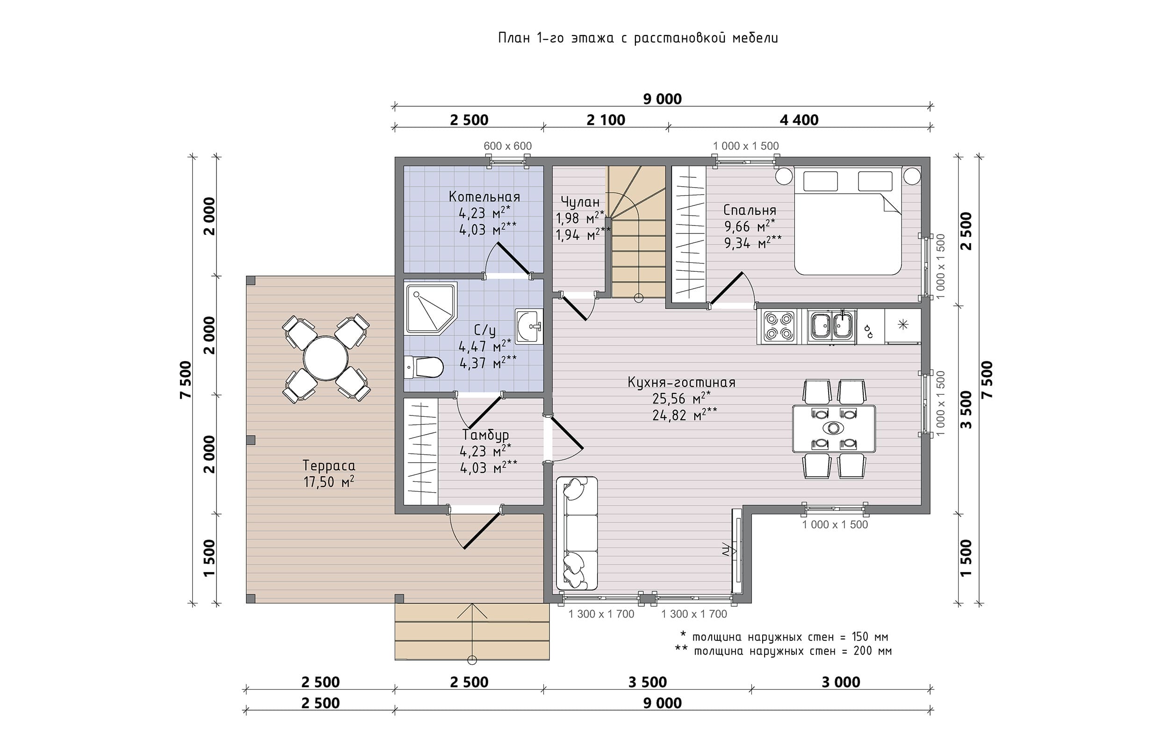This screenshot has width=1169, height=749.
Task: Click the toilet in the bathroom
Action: click(x=424, y=367)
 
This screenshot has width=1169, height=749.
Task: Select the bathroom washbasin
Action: click(x=529, y=327)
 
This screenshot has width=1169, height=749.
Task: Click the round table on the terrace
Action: click(x=325, y=358)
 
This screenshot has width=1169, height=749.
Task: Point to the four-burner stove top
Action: click(x=776, y=327)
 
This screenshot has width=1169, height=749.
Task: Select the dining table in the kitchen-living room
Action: click(x=834, y=429)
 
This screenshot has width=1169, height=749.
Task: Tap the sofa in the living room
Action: click(x=577, y=533)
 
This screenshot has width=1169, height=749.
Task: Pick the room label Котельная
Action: click(x=484, y=197)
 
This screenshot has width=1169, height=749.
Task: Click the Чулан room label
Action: click(x=580, y=202)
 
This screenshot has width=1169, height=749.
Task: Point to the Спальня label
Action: click(x=750, y=210)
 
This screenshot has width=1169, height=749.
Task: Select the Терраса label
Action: click(x=329, y=465)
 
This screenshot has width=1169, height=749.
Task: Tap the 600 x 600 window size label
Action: click(x=507, y=146)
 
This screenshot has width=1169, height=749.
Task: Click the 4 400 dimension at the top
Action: click(x=799, y=120)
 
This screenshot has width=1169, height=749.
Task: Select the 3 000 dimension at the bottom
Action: click(x=841, y=683)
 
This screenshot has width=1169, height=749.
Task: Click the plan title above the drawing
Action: click(x=638, y=38)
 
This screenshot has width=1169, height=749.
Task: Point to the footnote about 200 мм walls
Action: click(x=783, y=651)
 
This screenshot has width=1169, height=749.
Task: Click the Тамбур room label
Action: click(x=485, y=434)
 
